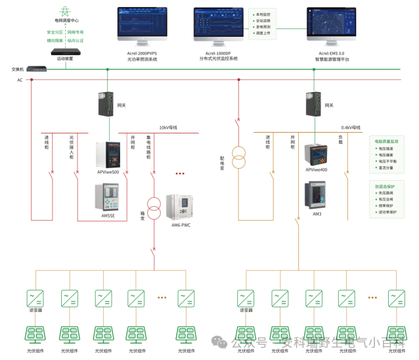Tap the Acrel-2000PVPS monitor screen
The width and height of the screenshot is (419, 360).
coord(142,26)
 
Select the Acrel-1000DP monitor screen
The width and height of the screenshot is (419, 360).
coord(218,26)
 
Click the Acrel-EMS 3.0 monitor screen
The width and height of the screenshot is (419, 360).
coord(332,26)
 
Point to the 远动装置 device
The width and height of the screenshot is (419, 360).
coord(64,51)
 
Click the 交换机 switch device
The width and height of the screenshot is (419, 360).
coord(37,69)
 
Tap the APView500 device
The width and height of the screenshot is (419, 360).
coord(108,155)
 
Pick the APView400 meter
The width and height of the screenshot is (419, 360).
coord(317,155)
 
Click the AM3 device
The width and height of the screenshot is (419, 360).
coord(317,195)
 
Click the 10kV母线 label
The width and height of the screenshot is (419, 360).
coord(168,127)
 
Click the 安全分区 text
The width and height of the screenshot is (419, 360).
coord(55,32)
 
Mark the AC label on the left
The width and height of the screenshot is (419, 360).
coord(20,79)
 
